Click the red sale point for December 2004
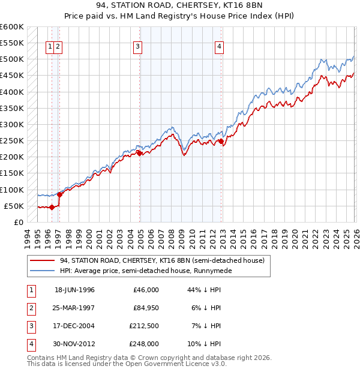pos(140,153)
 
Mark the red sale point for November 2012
pos(221,142)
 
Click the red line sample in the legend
pos(43,260)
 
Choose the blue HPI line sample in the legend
pos(43,271)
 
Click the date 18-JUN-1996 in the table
pos(74,290)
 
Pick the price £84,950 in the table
pos(144,308)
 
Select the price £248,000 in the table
pos(144,344)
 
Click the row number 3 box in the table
pos(31,326)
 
